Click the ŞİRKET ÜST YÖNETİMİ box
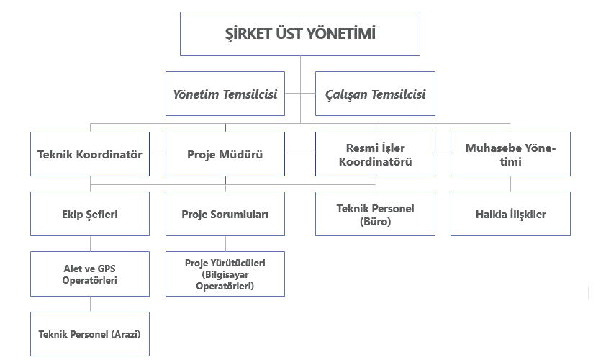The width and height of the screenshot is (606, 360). click(300, 34)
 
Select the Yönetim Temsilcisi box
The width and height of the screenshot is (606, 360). click(225, 94)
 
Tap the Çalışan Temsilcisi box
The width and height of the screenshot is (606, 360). click(375, 94)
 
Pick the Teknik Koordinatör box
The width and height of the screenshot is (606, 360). click(90, 154)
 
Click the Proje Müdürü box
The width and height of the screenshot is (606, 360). click(225, 154)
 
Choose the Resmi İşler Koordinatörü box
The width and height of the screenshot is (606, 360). click(375, 154)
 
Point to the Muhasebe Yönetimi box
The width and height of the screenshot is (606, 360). click(510, 154)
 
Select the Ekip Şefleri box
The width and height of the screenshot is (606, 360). click(90, 214)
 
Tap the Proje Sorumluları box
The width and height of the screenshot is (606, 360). click(225, 214)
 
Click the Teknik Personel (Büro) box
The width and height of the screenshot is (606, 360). click(375, 214)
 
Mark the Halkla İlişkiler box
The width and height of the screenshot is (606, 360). click(510, 214)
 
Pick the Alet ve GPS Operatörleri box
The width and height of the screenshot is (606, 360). click(90, 274)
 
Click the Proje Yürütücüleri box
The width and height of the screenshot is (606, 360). click(225, 274)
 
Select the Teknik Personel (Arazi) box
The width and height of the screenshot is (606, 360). click(90, 334)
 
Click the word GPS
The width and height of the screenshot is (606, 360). click(107, 269)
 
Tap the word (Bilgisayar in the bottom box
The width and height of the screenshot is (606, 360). click(225, 275)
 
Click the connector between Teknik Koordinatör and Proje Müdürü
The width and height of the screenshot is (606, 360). click(158, 153)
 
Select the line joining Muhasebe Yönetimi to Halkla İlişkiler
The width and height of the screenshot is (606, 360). click(510, 184)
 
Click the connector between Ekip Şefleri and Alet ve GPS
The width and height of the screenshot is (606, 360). click(90, 244)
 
